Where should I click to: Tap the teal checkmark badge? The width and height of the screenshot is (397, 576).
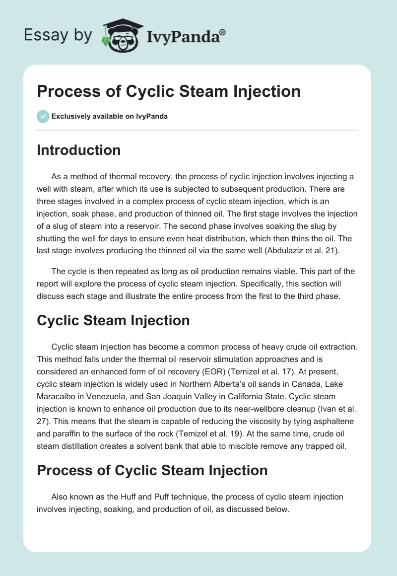pyautogui.click(x=43, y=117)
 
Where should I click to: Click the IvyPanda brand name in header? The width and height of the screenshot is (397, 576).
pyautogui.click(x=186, y=36)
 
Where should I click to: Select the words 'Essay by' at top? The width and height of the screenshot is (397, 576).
pyautogui.click(x=58, y=35)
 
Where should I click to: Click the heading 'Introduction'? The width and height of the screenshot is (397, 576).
pyautogui.click(x=78, y=150)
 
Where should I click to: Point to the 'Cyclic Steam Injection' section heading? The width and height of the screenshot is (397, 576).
pyautogui.click(x=113, y=320)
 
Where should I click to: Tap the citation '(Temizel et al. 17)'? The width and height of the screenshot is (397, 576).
pyautogui.click(x=261, y=372)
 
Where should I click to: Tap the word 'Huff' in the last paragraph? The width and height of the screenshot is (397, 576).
pyautogui.click(x=128, y=497)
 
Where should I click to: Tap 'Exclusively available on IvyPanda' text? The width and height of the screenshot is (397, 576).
pyautogui.click(x=110, y=117)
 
